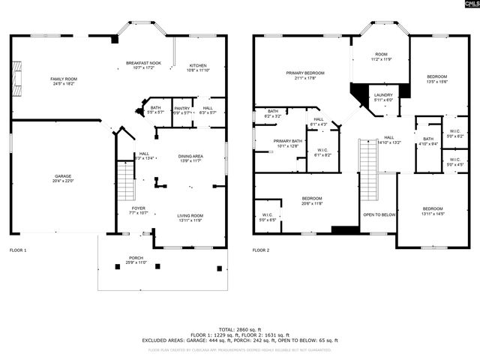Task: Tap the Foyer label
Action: point(139,210)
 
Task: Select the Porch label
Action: point(136,259)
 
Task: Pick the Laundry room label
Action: point(383,97)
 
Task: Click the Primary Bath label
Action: point(288,142)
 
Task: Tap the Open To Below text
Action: point(379,214)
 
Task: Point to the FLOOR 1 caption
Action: point(18,250)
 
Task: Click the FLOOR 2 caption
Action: point(260,250)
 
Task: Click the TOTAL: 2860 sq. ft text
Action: point(240,329)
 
